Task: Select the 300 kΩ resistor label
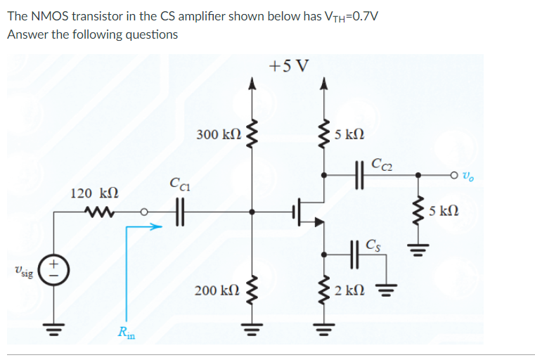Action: pyautogui.click(x=219, y=134)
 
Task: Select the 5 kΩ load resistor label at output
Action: pyautogui.click(x=444, y=210)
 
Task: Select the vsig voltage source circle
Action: pyautogui.click(x=51, y=271)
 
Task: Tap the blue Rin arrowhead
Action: pyautogui.click(x=157, y=226)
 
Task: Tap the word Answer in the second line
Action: pyautogui.click(x=27, y=34)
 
